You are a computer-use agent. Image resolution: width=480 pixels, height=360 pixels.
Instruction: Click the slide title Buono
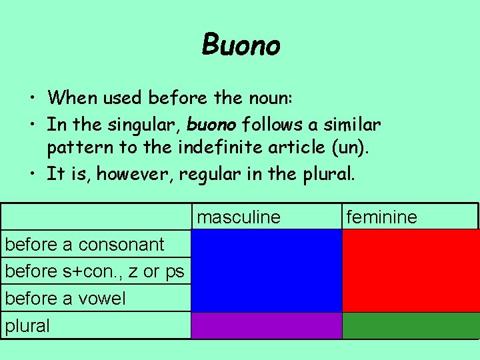point(241,45)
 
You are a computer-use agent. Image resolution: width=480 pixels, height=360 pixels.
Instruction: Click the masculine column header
point(239,217)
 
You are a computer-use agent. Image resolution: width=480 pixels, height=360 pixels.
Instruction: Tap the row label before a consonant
point(85,244)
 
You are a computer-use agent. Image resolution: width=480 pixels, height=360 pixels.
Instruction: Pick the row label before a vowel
point(65,299)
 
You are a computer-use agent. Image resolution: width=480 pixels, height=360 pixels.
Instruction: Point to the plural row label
point(27,326)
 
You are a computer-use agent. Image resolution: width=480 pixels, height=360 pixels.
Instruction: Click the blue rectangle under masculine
point(267,271)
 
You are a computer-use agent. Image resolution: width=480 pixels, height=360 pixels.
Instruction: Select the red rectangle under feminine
point(411,271)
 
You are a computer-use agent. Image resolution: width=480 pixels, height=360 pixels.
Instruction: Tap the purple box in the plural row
point(267,326)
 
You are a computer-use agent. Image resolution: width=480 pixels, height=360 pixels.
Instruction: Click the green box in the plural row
point(411,326)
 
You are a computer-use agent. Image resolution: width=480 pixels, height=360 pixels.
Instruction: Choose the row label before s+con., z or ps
point(95,271)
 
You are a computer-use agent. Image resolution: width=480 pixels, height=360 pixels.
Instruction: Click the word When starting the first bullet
point(72,99)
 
